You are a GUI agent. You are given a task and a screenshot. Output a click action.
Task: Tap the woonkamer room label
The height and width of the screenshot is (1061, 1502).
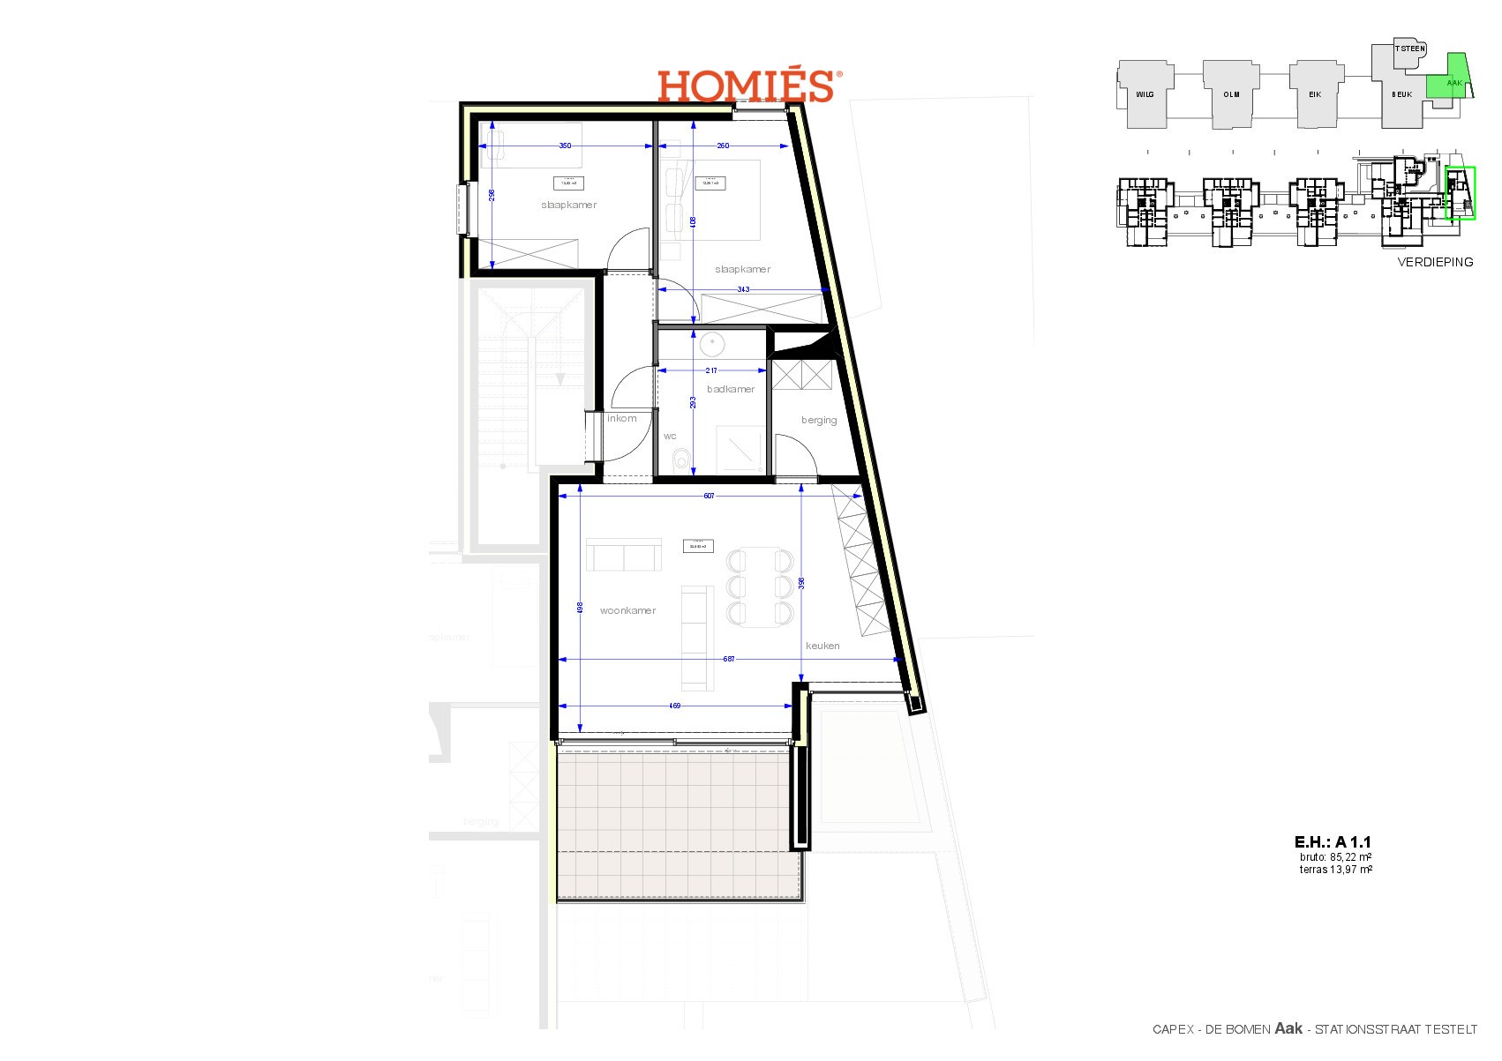coord(627,610)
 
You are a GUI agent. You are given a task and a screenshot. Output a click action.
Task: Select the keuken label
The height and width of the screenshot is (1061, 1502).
coord(822,646)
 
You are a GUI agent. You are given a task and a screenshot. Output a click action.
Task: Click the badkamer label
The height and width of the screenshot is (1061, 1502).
coord(731,389)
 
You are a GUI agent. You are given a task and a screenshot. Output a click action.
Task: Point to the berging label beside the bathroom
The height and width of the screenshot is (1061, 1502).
coord(819,420)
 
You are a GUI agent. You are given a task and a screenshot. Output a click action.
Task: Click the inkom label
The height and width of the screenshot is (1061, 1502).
coord(622,418)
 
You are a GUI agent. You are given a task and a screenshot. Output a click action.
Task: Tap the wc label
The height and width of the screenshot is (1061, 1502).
coord(670,436)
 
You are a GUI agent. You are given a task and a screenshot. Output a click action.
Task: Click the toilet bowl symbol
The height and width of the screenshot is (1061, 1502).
coord(680,459)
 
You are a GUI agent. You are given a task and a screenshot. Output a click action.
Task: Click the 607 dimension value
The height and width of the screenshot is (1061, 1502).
coord(709,496)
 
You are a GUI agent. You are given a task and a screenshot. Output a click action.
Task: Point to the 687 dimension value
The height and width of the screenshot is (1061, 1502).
coord(729,659)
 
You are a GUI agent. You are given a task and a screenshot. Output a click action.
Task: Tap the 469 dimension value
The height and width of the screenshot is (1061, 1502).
coord(674,706)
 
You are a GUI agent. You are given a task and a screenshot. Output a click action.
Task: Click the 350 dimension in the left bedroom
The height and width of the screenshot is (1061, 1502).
coord(565,146)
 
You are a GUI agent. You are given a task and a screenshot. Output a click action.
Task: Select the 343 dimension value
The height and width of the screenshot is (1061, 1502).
coord(743,289)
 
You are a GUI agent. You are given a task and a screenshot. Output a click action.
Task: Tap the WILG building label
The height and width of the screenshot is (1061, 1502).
coord(1145,94)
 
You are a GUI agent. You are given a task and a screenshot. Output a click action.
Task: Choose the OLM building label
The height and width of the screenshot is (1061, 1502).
coord(1231,94)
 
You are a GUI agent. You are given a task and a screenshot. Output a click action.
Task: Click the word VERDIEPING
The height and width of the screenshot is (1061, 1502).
coord(1435,262)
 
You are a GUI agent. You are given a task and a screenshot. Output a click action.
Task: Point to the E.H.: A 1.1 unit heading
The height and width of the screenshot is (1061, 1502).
coord(1333,842)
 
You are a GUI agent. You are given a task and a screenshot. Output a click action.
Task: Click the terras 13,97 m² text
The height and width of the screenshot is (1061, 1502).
coord(1335,870)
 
